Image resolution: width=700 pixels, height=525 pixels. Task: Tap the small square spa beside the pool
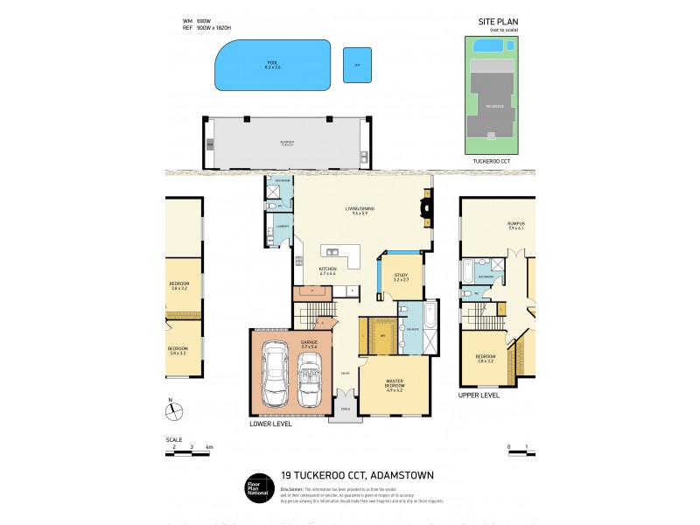[356, 65]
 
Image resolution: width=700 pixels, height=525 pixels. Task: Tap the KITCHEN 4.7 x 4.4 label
[328, 271]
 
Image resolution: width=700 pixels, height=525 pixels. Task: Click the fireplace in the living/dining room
[426, 208]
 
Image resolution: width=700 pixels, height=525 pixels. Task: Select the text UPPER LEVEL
[479, 395]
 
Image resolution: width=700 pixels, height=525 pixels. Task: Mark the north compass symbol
[172, 409]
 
